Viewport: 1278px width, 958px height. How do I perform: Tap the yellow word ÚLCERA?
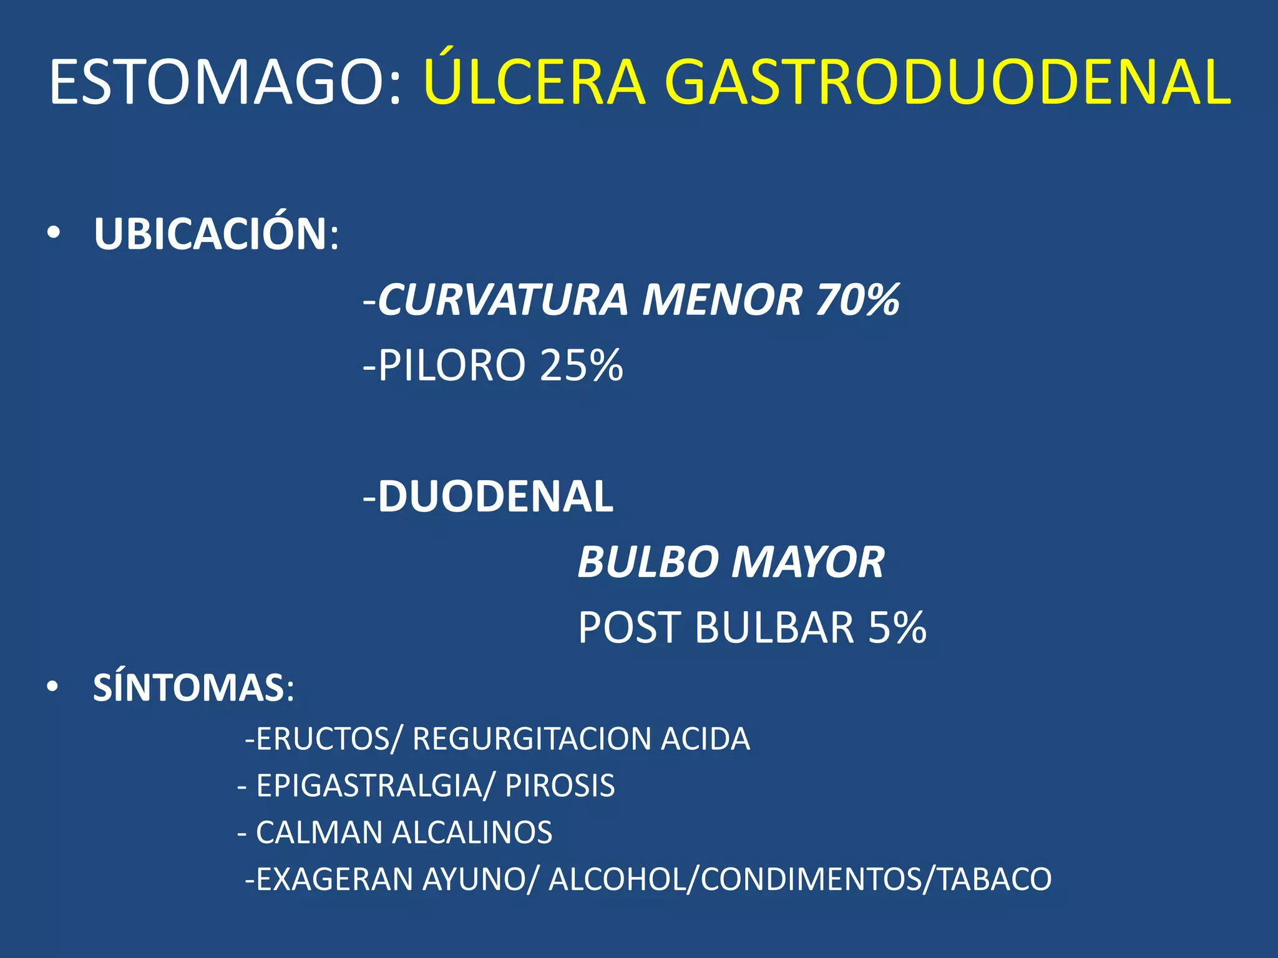[x=534, y=82]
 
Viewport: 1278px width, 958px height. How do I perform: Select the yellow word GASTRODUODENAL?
[x=947, y=82]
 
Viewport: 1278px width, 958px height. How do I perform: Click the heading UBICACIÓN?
[x=211, y=235]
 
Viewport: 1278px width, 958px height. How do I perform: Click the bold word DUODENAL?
[x=495, y=497]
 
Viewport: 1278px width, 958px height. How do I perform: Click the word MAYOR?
[x=807, y=562]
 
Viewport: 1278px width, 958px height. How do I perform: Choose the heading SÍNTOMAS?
[x=189, y=688]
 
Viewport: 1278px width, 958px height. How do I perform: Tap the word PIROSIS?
[x=560, y=786]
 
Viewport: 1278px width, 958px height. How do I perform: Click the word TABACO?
[x=995, y=879]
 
